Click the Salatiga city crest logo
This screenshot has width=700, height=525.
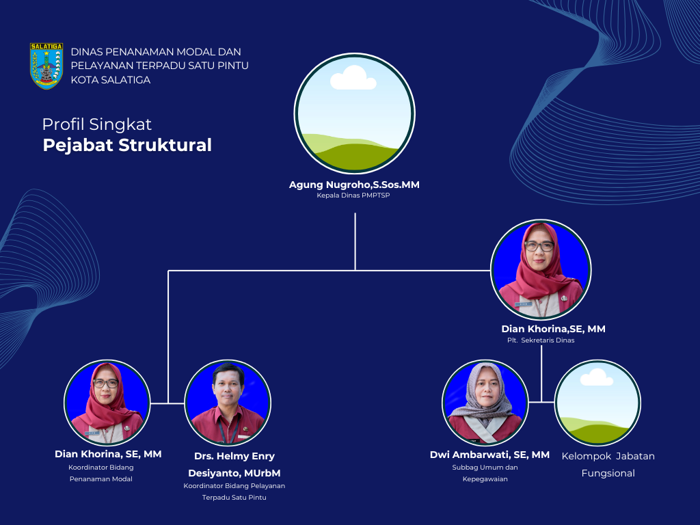click(x=46, y=66)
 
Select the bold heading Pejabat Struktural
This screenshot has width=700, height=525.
click(x=127, y=146)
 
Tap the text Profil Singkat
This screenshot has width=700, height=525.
click(x=97, y=124)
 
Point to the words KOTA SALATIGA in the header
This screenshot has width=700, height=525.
click(x=111, y=80)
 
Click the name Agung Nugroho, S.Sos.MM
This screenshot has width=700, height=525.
click(x=355, y=185)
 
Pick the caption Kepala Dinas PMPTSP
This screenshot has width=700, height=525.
click(x=353, y=196)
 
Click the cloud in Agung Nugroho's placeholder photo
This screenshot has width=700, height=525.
click(x=353, y=78)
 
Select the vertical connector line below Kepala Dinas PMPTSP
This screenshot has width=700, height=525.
click(x=355, y=241)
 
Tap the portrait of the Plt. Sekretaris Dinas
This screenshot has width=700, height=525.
click(x=541, y=269)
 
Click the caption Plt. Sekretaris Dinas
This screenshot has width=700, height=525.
click(x=541, y=340)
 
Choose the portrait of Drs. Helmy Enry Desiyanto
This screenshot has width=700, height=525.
click(x=228, y=403)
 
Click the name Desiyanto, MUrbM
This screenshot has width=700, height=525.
click(x=234, y=473)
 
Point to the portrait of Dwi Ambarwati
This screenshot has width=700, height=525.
click(x=485, y=403)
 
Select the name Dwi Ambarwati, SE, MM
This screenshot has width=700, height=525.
click(x=489, y=455)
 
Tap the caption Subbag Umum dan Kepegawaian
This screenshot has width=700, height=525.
click(x=485, y=473)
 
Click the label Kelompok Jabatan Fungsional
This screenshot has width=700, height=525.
click(x=608, y=465)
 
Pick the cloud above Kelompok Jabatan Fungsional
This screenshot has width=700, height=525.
click(x=597, y=377)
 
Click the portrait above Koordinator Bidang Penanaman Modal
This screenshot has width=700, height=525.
click(x=107, y=403)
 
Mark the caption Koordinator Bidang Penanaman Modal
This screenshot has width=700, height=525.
click(x=101, y=473)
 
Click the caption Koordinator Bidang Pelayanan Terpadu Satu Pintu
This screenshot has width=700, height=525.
click(x=234, y=492)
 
